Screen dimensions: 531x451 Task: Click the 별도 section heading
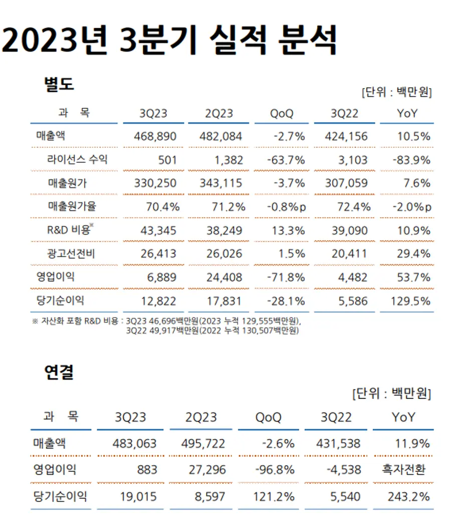tap(59, 84)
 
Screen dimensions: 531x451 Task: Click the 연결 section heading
tap(59, 372)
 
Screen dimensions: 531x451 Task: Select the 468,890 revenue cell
tap(155, 136)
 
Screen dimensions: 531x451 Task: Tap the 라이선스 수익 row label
tap(77, 160)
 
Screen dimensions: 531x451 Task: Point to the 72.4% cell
tap(354, 207)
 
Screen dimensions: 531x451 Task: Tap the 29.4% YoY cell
tap(413, 253)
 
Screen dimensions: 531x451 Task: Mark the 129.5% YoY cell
tap(411, 301)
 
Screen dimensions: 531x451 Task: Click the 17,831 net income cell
tap(224, 301)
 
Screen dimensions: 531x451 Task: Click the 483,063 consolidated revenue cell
tap(135, 443)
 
